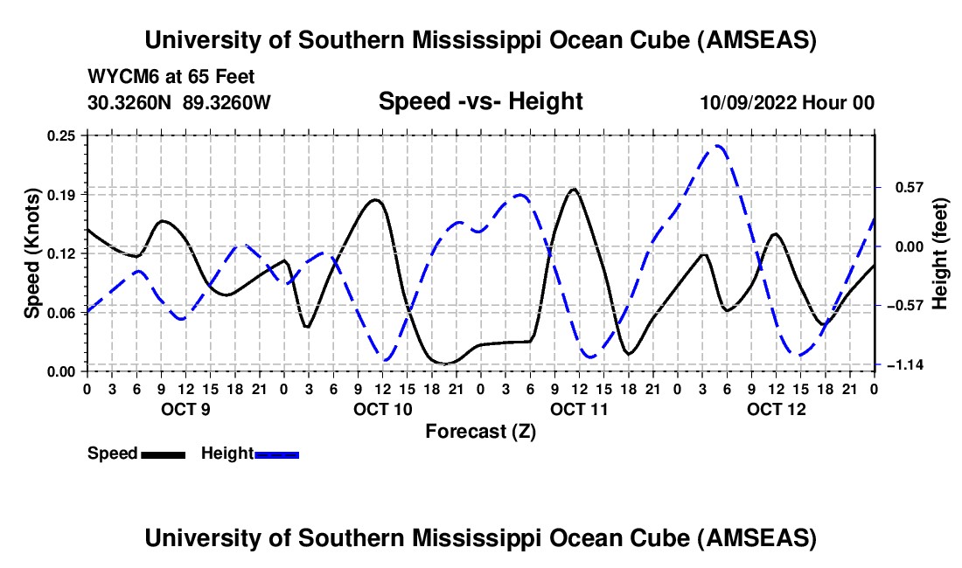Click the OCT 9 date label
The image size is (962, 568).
[x=185, y=409]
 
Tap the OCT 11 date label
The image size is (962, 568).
[x=578, y=409]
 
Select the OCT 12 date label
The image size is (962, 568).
[x=775, y=409]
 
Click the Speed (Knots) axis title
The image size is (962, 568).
[x=31, y=253]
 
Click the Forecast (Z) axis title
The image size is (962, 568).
[x=480, y=431]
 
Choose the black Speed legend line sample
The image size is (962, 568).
[x=164, y=454]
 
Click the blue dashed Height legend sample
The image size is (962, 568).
[x=277, y=454]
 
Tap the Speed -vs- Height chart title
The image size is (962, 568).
[x=480, y=102]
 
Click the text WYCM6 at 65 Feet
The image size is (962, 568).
[x=171, y=78]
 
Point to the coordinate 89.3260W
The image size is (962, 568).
[x=227, y=103]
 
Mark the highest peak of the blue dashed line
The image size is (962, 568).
[x=717, y=146]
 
